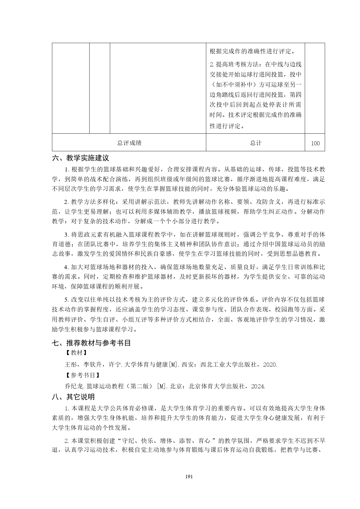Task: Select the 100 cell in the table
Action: point(315,143)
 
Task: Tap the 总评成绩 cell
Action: point(129,143)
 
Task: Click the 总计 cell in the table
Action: point(256,143)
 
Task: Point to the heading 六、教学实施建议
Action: point(80,158)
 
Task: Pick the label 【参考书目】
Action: point(82,375)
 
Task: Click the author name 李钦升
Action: point(93,365)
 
